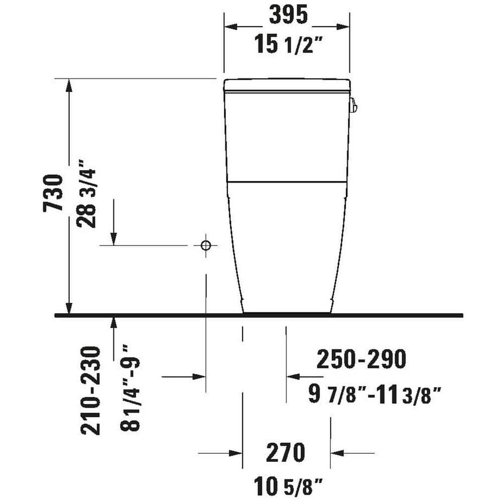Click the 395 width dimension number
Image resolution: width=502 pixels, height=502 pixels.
[x=288, y=15]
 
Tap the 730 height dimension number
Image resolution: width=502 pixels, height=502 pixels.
[x=53, y=193]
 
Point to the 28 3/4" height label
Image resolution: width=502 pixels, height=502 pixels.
[x=86, y=193]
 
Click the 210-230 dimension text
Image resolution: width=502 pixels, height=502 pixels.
[x=90, y=391]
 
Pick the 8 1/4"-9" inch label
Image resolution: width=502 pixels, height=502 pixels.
[x=131, y=388]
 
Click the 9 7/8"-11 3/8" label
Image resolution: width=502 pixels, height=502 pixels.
[x=374, y=395]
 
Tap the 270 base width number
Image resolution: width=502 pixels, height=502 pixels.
[x=286, y=452]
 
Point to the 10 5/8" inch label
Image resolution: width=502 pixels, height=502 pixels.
[x=288, y=486]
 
